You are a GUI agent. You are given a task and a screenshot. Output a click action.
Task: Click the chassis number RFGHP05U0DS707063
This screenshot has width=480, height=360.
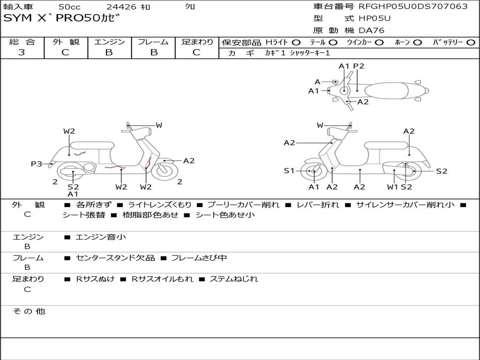pyautogui.click(x=413, y=7)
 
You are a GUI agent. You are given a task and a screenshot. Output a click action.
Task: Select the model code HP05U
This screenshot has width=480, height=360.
pyautogui.click(x=375, y=18)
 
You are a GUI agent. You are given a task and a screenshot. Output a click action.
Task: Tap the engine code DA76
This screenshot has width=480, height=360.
pyautogui.click(x=371, y=30)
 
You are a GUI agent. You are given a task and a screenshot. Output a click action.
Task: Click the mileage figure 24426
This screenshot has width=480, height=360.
pyautogui.click(x=121, y=7)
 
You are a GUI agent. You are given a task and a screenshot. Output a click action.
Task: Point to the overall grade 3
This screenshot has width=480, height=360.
pyautogui.click(x=22, y=52)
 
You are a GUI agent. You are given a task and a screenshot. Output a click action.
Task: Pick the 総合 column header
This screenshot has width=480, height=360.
pyautogui.click(x=22, y=42)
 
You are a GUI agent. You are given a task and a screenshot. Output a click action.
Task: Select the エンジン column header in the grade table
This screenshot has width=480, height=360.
pyautogui.click(x=109, y=42)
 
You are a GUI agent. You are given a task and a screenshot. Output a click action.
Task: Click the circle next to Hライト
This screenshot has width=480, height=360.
pyautogui.click(x=296, y=43)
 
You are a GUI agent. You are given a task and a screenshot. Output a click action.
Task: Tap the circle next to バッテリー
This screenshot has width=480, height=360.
pyautogui.click(x=471, y=43)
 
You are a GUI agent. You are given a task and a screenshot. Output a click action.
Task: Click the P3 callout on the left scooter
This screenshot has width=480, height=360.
pyautogui.click(x=37, y=164)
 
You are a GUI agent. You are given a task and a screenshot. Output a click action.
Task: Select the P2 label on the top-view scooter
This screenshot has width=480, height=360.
pyautogui.click(x=359, y=66)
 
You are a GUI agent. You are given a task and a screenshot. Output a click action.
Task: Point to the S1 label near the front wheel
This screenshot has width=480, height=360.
pyautogui.click(x=289, y=171)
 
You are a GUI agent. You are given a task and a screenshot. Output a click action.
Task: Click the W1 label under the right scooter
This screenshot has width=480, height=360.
pyautogui.click(x=392, y=187)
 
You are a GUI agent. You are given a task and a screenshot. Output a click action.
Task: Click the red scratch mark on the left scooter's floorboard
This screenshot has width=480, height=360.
pyautogui.click(x=115, y=167)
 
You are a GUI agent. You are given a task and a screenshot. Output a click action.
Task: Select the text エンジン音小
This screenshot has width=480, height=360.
pyautogui.click(x=100, y=237)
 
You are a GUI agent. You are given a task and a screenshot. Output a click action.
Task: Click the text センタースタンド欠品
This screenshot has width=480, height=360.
pyautogui.click(x=115, y=258)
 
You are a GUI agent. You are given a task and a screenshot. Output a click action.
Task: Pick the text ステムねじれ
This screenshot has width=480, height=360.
pyautogui.click(x=234, y=279)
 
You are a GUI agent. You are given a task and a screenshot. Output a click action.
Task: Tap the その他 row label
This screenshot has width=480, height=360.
pyautogui.click(x=29, y=311)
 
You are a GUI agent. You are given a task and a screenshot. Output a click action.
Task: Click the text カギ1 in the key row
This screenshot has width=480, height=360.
pyautogui.click(x=275, y=53)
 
